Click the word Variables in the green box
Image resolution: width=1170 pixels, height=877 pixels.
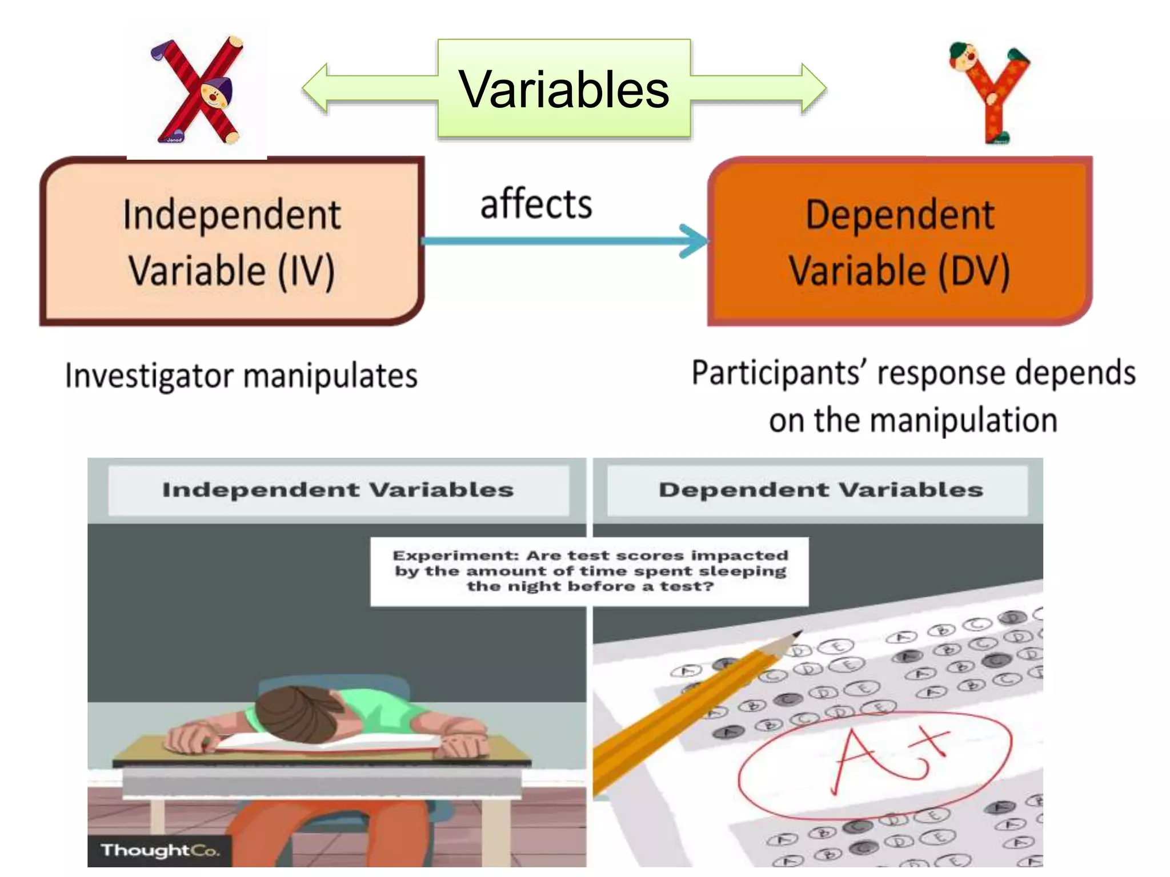(564, 90)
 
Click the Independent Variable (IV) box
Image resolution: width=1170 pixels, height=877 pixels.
(231, 242)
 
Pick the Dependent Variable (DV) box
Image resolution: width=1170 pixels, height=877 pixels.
(900, 242)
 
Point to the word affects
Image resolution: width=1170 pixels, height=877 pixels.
(536, 204)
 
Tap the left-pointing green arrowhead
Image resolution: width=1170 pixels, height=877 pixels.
(316, 88)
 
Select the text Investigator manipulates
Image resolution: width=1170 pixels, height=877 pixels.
(241, 376)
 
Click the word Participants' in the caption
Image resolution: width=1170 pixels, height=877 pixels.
(780, 373)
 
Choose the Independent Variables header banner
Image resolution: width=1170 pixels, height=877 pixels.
(338, 490)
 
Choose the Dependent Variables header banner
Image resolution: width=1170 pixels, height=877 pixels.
(820, 490)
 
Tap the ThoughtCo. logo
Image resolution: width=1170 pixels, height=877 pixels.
(160, 850)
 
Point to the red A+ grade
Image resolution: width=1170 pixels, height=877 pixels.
(891, 757)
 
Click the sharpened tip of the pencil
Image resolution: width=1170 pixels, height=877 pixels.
(796, 634)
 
